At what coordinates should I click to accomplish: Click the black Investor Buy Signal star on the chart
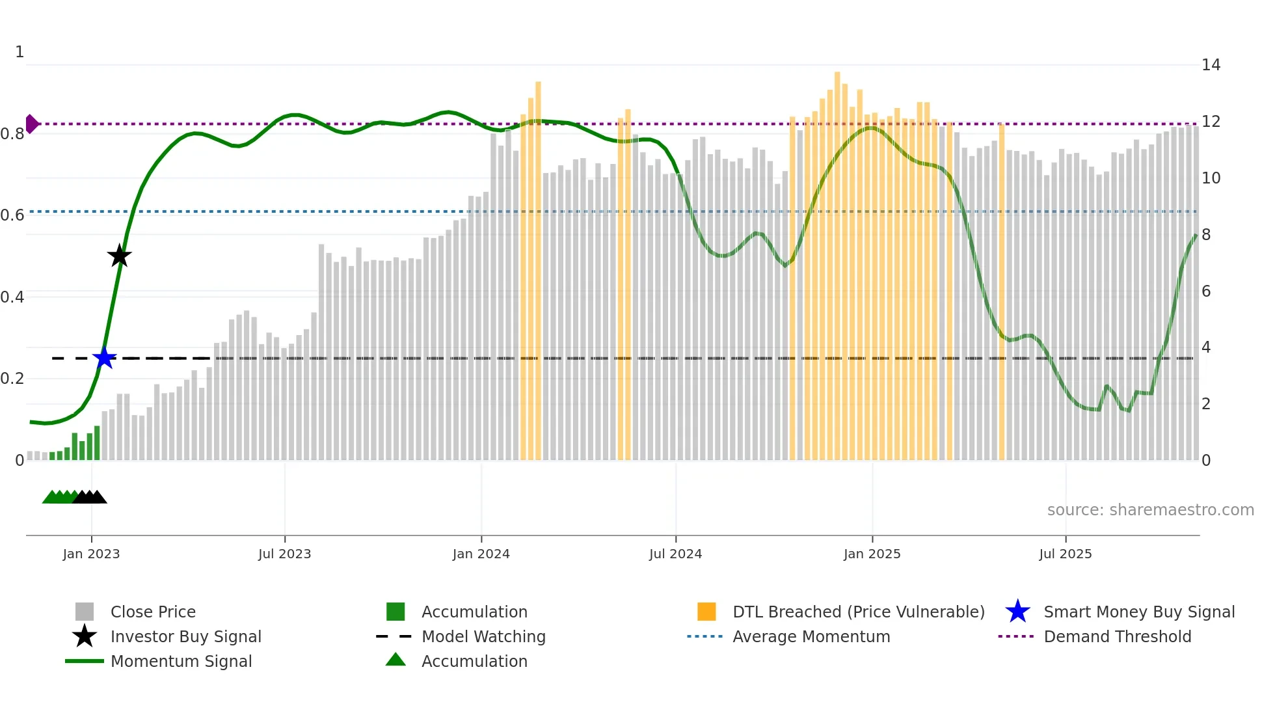pos(119,256)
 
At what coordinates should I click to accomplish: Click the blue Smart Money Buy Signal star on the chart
pos(104,358)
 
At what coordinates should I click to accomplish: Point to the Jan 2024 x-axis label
pos(481,554)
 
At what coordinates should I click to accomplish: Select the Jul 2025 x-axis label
pos(1065,554)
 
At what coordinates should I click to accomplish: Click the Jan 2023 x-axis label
pos(91,554)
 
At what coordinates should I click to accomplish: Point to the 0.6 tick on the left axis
pos(13,215)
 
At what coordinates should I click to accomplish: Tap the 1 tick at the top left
pos(20,52)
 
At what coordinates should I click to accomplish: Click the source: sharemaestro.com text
pos(1150,509)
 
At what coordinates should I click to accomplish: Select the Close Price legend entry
pos(153,612)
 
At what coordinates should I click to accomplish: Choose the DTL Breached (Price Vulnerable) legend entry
pos(858,612)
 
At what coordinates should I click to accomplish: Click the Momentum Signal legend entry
pos(181,661)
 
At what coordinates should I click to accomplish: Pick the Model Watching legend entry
pos(483,636)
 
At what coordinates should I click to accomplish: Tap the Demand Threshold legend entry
pos(1117,636)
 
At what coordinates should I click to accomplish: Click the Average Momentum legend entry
pos(811,636)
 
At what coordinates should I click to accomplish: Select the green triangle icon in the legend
pos(396,660)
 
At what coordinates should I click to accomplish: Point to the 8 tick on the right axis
pos(1205,235)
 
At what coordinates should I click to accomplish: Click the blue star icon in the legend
pos(1017,612)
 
